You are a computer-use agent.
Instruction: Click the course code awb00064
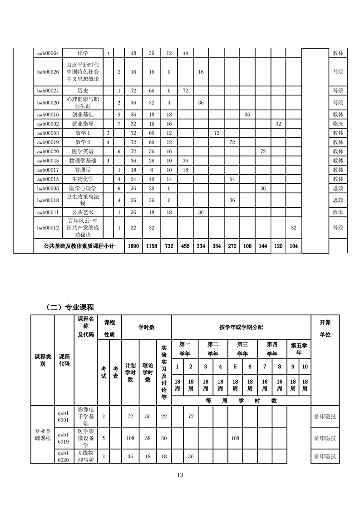(x=48, y=53)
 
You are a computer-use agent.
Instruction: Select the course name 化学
(x=83, y=53)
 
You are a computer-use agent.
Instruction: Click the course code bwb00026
(x=48, y=72)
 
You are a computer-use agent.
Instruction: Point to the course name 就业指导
(x=83, y=123)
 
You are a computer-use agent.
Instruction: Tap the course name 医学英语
(x=83, y=151)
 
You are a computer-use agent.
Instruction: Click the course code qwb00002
(x=48, y=123)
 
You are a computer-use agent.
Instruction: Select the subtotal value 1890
(x=133, y=246)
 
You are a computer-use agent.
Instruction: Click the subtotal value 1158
(x=152, y=246)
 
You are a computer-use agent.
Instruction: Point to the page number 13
(x=180, y=475)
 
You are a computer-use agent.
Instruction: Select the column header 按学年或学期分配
(x=241, y=327)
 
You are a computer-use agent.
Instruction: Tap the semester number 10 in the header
(x=305, y=367)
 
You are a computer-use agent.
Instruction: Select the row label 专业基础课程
(x=43, y=435)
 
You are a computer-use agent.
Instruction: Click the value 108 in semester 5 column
(x=235, y=438)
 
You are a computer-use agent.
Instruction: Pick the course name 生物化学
(x=83, y=179)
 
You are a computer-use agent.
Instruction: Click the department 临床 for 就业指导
(x=338, y=123)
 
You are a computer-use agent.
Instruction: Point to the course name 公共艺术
(x=83, y=212)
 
